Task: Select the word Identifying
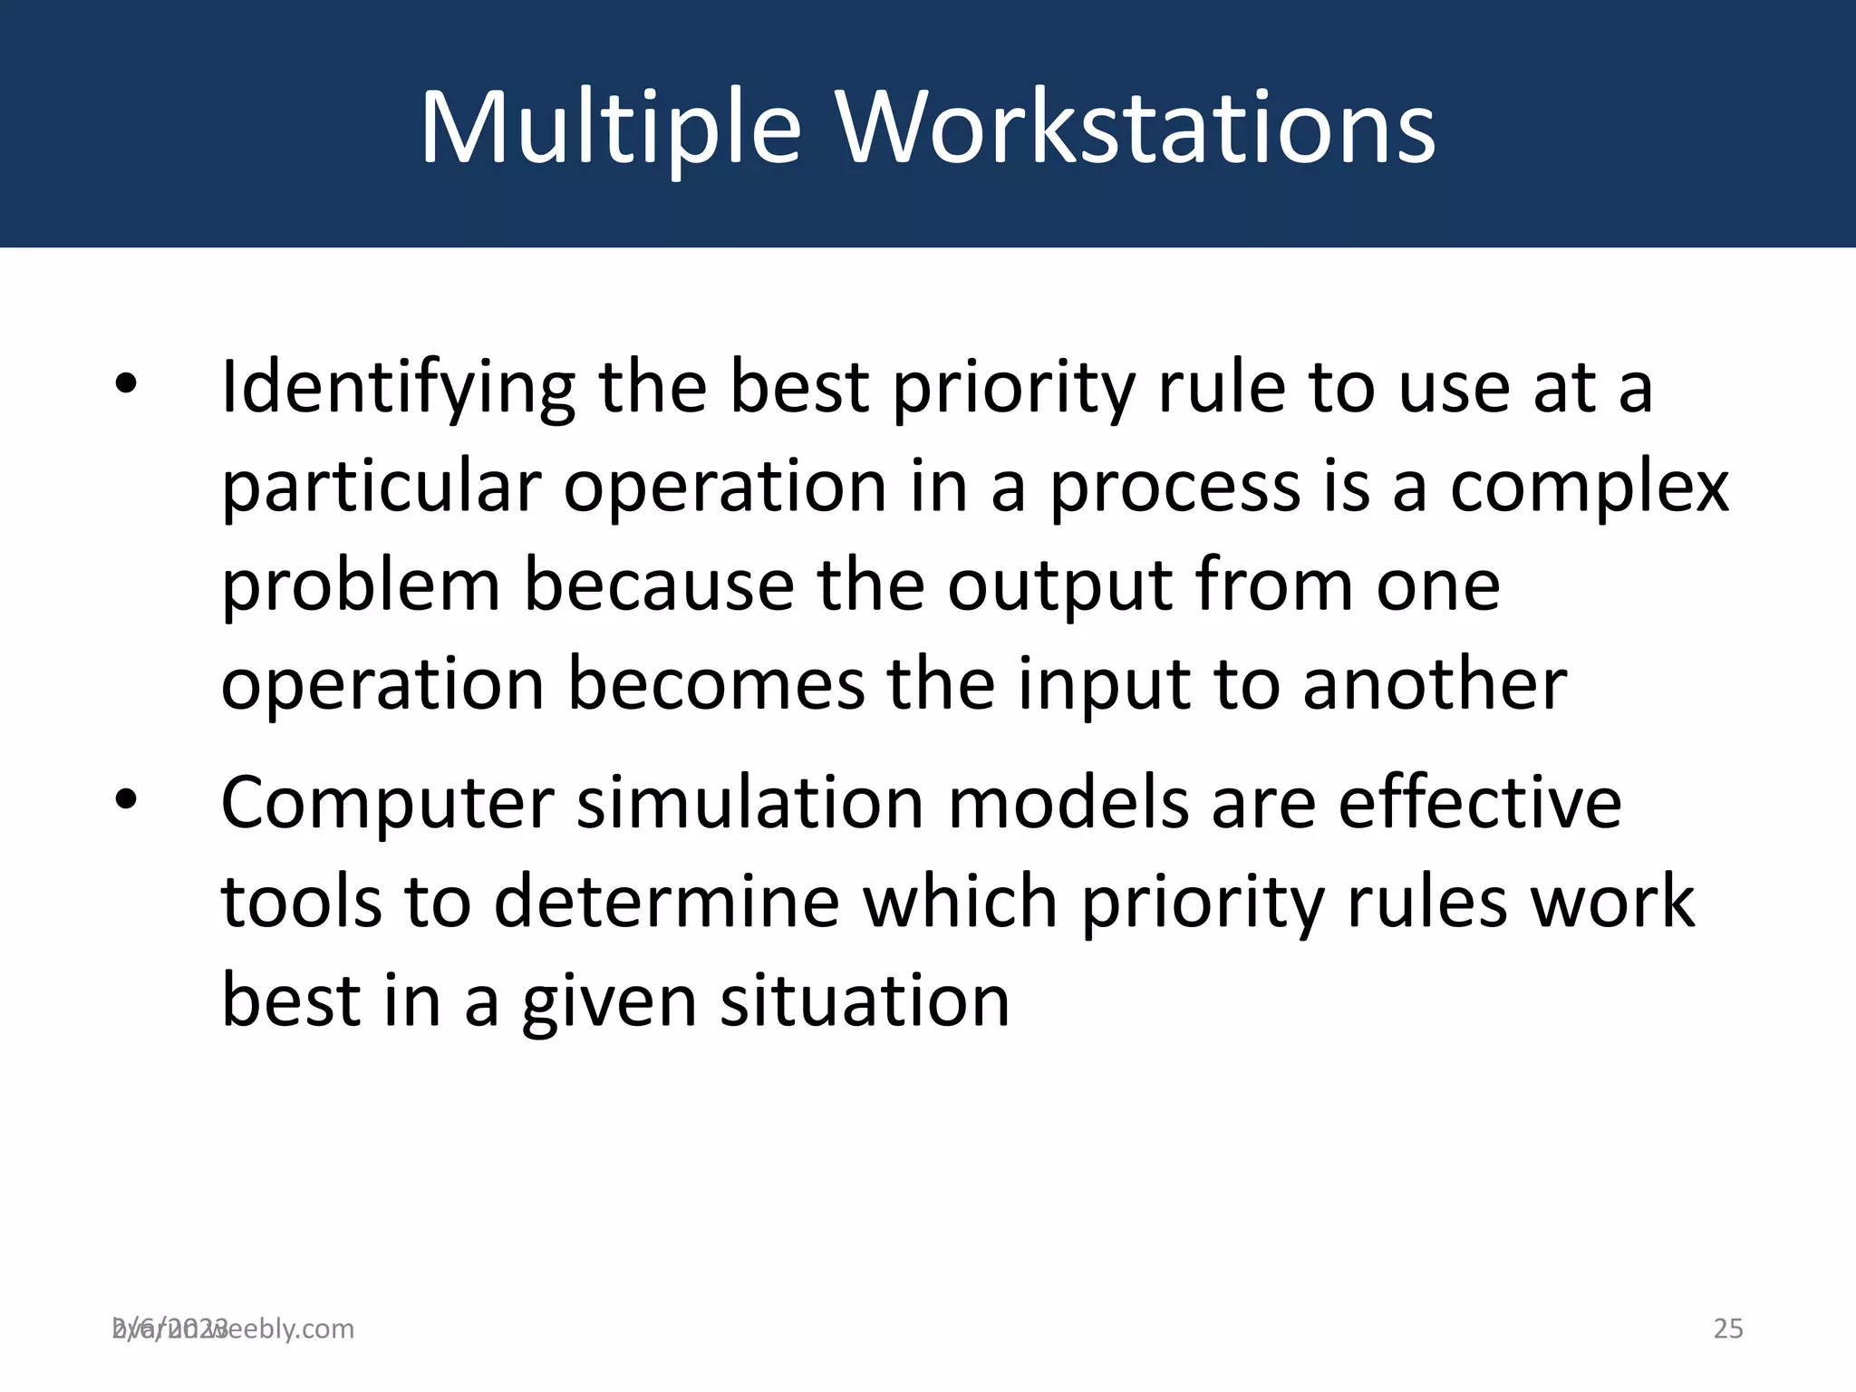coord(398,388)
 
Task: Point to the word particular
coord(381,487)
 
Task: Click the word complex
coord(1589,487)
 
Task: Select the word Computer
coord(387,804)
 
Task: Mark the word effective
coord(1479,804)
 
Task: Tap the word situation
coord(865,1001)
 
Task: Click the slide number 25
coord(1728,1329)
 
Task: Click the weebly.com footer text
coord(272,1329)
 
